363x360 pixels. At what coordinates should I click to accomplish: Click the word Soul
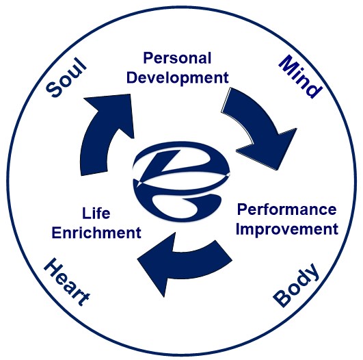coord(66,77)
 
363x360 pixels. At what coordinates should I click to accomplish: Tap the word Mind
coord(300,77)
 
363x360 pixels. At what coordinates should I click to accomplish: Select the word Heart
coord(67,282)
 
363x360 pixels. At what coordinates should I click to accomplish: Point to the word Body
coord(297,285)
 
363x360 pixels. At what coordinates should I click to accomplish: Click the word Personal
coord(177,58)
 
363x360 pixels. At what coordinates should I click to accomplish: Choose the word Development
coord(178,78)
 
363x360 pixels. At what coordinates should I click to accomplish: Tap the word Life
coord(96,214)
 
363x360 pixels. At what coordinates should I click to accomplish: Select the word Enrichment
coord(96,233)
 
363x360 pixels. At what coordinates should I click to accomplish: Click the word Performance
coord(287,209)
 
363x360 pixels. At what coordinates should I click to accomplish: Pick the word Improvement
coord(287,229)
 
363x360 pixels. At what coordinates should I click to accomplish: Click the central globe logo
coord(182,181)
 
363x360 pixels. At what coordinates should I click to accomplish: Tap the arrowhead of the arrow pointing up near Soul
coord(112,112)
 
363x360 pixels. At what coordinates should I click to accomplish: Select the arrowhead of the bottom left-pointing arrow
coord(157,262)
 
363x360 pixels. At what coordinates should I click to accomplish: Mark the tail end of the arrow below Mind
coord(226,100)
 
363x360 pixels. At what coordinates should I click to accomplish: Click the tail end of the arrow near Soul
coord(94,173)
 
